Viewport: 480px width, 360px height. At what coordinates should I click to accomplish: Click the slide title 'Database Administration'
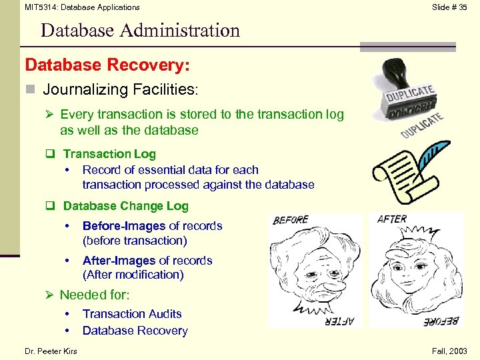coord(139,31)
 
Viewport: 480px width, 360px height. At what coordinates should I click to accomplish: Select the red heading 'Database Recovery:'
coord(107,65)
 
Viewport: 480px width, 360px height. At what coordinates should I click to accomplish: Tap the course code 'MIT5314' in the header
coord(41,7)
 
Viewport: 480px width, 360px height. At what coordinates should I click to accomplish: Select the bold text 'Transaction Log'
coord(109,154)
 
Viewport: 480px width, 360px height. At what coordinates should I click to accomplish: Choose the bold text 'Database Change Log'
coord(125,206)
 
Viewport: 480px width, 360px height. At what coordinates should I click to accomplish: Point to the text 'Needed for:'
coord(95,295)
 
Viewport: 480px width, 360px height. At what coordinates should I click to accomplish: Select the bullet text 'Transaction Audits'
coord(132,314)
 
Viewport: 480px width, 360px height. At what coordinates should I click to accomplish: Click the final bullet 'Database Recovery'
coord(135,331)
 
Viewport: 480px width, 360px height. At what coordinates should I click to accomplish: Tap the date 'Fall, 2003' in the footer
coord(449,351)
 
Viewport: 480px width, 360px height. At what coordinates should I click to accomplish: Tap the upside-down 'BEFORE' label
coord(441,321)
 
